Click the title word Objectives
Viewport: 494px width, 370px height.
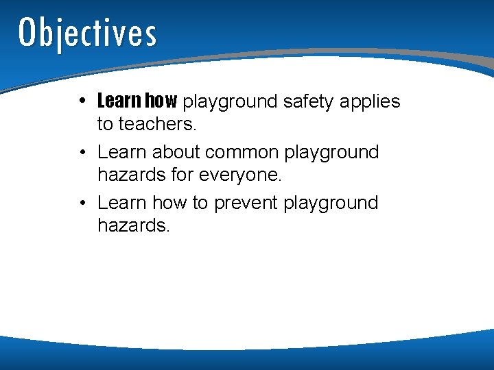88,33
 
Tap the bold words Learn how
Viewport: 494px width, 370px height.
137,101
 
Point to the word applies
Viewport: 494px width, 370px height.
373,103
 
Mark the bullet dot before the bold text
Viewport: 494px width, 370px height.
82,101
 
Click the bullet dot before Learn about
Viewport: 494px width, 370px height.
82,152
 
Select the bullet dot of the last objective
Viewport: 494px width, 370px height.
82,203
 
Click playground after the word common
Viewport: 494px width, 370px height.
331,153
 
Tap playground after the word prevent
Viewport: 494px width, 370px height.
331,203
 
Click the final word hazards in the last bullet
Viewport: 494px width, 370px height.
132,225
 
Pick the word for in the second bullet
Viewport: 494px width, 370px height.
183,175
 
